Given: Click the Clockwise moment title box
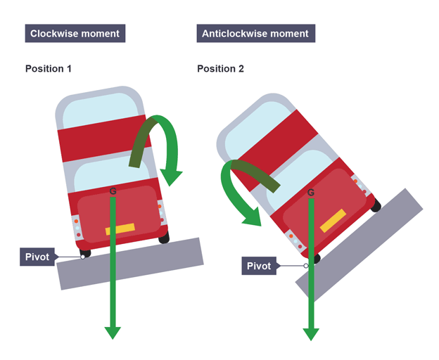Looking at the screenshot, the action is [x=75, y=33].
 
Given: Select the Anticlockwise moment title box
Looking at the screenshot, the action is [x=256, y=33].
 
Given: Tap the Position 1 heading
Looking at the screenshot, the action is [x=49, y=68].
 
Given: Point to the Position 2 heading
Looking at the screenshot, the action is [x=220, y=68].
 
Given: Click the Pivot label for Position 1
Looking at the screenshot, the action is [x=37, y=257].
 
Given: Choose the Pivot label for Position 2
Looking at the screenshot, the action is [x=259, y=266].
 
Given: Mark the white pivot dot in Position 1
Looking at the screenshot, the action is [x=83, y=257].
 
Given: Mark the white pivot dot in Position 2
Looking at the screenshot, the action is [x=306, y=266].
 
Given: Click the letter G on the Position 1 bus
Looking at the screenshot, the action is [x=113, y=191].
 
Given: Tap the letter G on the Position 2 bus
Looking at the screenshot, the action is [x=311, y=193].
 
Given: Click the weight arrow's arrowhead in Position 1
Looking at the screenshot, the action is [x=113, y=333].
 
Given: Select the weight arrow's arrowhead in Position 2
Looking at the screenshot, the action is [x=311, y=335].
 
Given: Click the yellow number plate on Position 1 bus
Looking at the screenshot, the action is [x=120, y=229].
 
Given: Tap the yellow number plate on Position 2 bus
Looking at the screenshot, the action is [x=333, y=221].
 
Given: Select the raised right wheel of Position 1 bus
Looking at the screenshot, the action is [x=164, y=238].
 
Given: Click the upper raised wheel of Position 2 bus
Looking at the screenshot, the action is [x=376, y=205].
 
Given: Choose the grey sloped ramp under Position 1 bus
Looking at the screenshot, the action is [x=130, y=264].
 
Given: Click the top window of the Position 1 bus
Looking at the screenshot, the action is [x=101, y=111].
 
